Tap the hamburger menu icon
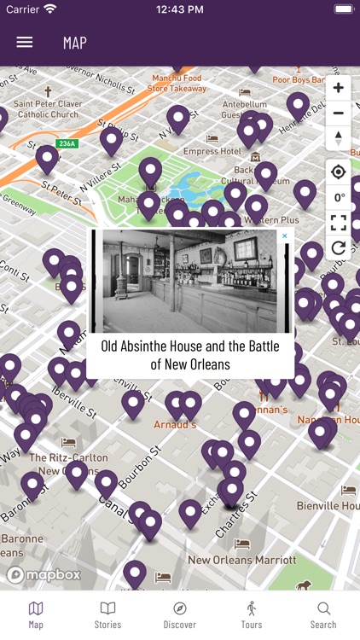tap(25, 42)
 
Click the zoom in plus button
tap(339, 88)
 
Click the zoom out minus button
tap(339, 113)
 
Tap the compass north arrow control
tap(339, 137)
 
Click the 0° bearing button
tap(340, 197)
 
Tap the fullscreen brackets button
tap(339, 223)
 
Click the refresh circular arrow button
tap(339, 247)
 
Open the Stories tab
tap(107, 614)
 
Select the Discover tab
tap(179, 614)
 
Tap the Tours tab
tap(252, 614)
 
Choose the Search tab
tap(323, 614)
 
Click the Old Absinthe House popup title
tap(190, 355)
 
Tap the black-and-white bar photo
tap(189, 281)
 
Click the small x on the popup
tap(285, 236)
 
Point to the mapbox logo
tap(44, 574)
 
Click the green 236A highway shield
tap(67, 143)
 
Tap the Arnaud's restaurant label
tap(175, 424)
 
